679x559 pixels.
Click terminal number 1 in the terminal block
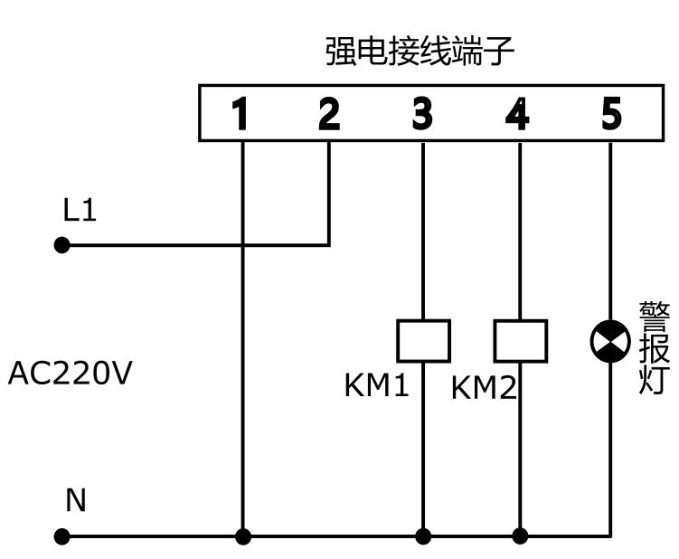click(240, 114)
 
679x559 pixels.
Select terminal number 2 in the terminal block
click(329, 114)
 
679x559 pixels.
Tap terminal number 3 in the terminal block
click(422, 114)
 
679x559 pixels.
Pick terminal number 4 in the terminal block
click(517, 114)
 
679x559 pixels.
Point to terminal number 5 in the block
click(611, 114)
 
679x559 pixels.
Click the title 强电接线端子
click(420, 52)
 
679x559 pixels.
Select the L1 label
click(80, 210)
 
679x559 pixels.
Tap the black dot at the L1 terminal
click(61, 245)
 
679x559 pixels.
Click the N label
click(76, 499)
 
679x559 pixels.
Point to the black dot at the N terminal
click(61, 536)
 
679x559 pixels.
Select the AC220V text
click(70, 373)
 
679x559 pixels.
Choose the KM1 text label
click(376, 385)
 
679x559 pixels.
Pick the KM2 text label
click(484, 387)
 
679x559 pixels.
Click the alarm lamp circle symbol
click(610, 342)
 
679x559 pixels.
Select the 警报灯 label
click(655, 348)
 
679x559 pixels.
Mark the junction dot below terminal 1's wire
click(243, 536)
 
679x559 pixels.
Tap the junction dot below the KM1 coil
click(423, 536)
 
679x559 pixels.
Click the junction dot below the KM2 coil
click(520, 536)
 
